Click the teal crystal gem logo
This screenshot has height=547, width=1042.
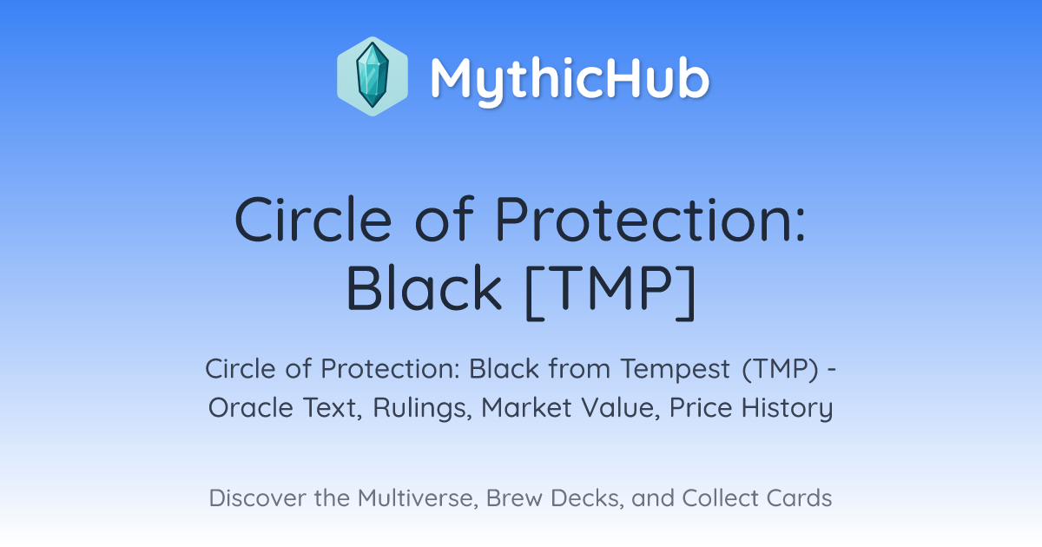pos(373,76)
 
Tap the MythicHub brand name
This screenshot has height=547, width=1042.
pos(570,79)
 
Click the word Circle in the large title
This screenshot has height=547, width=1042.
pos(313,219)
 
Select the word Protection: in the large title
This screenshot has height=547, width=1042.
pos(650,219)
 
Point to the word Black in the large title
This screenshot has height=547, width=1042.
pos(424,288)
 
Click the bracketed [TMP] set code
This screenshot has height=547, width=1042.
pos(610,292)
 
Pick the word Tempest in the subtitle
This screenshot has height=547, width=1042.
pos(675,369)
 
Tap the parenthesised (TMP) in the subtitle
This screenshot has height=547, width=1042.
pos(780,369)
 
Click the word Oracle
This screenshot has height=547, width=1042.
pos(251,408)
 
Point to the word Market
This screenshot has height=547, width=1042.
pos(525,408)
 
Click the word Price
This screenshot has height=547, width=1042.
pos(701,408)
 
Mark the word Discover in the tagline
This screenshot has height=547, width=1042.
pos(257,498)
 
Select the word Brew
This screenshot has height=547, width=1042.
pos(514,498)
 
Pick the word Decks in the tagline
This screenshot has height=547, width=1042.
pos(587,498)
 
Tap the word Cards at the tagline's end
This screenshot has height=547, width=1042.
pos(799,498)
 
